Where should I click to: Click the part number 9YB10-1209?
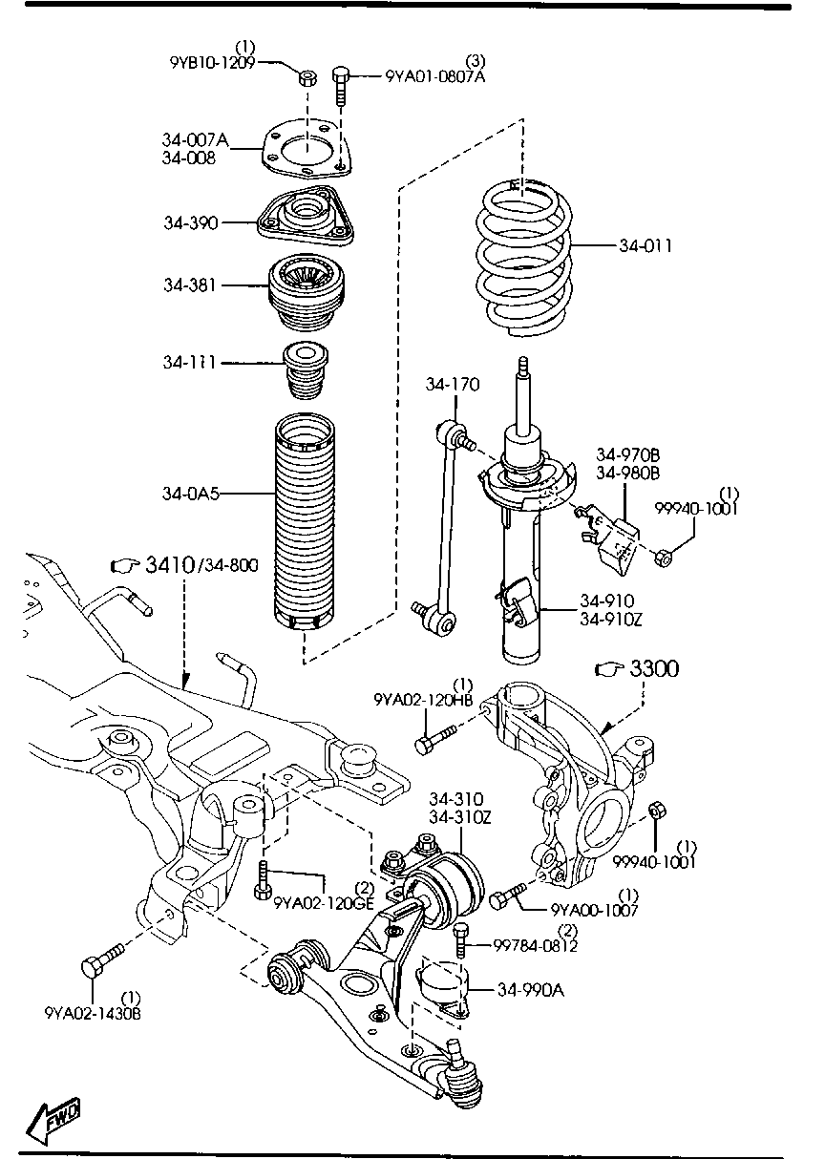pos(213,63)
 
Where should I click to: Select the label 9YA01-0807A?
pos(435,76)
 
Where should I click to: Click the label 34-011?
pos(645,246)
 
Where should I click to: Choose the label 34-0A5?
pos(191,494)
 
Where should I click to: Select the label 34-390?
pos(191,222)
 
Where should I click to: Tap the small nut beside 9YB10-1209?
pos(307,76)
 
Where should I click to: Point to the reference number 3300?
pos(654,669)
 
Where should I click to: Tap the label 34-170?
pos(453,385)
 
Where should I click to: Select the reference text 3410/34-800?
pos(201,565)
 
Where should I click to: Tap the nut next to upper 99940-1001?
pos(666,555)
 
